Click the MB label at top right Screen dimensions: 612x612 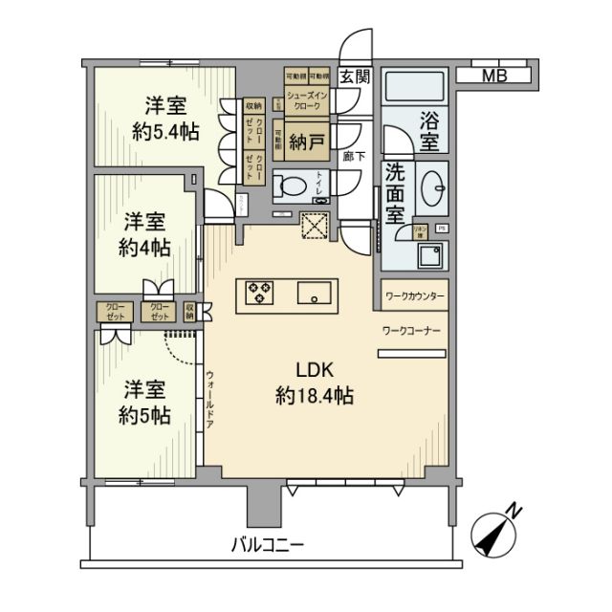coord(493,76)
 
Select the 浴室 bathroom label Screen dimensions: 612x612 coord(428,132)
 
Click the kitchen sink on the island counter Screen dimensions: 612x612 coord(314,292)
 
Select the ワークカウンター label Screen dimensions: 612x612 coord(415,296)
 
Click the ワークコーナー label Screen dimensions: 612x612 coord(411,330)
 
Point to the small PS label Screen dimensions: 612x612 coord(440,229)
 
